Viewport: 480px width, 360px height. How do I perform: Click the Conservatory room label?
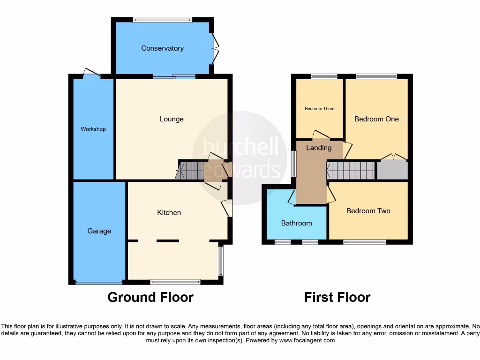pos(162,48)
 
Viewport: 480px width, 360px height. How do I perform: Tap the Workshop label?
pos(93,129)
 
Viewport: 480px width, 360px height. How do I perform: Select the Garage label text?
pos(99,231)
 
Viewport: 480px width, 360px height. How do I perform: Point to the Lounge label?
pos(172,119)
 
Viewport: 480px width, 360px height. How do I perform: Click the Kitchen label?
pos(169,213)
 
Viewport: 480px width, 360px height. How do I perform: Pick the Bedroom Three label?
pos(319,109)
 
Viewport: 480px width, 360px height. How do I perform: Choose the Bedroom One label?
pos(376,119)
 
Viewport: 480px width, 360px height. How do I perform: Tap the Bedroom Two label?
pos(368,211)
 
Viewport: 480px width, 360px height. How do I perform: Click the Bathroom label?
pos(296,223)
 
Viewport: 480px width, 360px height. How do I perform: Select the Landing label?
pos(319,148)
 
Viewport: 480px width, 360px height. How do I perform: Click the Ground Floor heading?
pos(150,297)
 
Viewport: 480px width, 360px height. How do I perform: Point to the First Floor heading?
pos(337,297)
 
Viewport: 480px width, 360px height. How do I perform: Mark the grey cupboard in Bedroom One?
pos(392,170)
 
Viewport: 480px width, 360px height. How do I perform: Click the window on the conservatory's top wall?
pos(162,20)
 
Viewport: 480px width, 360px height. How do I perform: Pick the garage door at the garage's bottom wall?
pos(99,283)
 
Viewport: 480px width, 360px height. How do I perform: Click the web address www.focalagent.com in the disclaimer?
pos(307,340)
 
